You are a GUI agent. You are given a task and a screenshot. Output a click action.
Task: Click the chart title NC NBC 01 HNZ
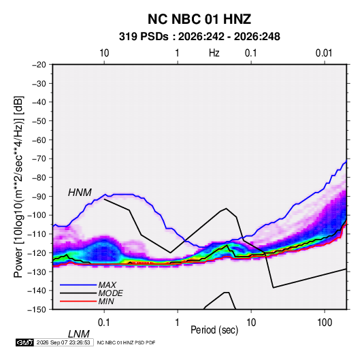click(199, 19)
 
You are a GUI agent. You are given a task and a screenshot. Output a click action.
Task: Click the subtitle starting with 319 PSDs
click(199, 37)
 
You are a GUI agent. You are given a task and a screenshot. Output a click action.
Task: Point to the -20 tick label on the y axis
click(39, 65)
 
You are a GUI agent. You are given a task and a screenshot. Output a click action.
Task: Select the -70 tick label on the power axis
click(39, 159)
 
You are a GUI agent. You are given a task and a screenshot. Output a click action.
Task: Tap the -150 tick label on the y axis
click(37, 310)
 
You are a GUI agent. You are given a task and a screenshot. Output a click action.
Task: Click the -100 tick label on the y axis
click(37, 215)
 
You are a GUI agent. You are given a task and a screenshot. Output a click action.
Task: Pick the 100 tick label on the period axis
click(325, 322)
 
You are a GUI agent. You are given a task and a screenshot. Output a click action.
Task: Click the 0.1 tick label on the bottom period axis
click(103, 322)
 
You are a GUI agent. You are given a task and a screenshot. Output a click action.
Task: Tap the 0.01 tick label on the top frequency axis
click(324, 53)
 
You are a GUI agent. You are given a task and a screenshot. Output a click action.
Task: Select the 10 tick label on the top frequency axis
click(104, 53)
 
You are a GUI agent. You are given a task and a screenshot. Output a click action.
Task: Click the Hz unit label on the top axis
click(214, 53)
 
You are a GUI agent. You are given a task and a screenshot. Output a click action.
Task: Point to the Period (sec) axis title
click(214, 330)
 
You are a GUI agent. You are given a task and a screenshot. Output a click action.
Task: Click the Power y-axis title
click(18, 187)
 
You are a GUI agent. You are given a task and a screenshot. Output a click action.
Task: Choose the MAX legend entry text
click(107, 284)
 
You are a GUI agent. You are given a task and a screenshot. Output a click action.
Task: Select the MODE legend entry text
click(110, 293)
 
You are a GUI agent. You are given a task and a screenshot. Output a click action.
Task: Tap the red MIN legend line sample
click(78, 301)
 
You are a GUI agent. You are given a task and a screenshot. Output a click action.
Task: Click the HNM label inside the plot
click(80, 193)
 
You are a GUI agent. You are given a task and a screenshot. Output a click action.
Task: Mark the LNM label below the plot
click(78, 334)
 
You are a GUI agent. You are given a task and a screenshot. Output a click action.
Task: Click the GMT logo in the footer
click(24, 342)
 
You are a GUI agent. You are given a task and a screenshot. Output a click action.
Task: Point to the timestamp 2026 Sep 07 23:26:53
click(63, 342)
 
